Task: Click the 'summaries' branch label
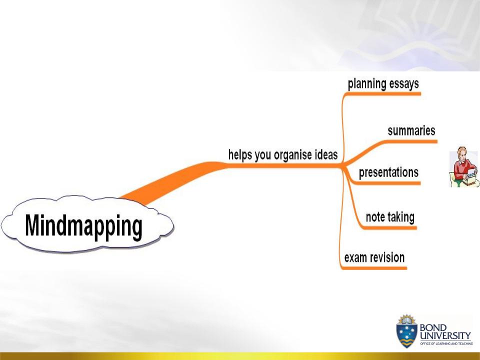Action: click(411, 130)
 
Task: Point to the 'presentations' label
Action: click(388, 172)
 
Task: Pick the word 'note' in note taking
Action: click(374, 217)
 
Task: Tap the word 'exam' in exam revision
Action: click(354, 258)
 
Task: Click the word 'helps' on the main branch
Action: click(240, 155)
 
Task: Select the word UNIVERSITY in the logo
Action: click(445, 335)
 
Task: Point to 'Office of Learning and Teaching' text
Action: click(446, 344)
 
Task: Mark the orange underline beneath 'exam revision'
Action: click(374, 268)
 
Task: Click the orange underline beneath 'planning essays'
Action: click(382, 94)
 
